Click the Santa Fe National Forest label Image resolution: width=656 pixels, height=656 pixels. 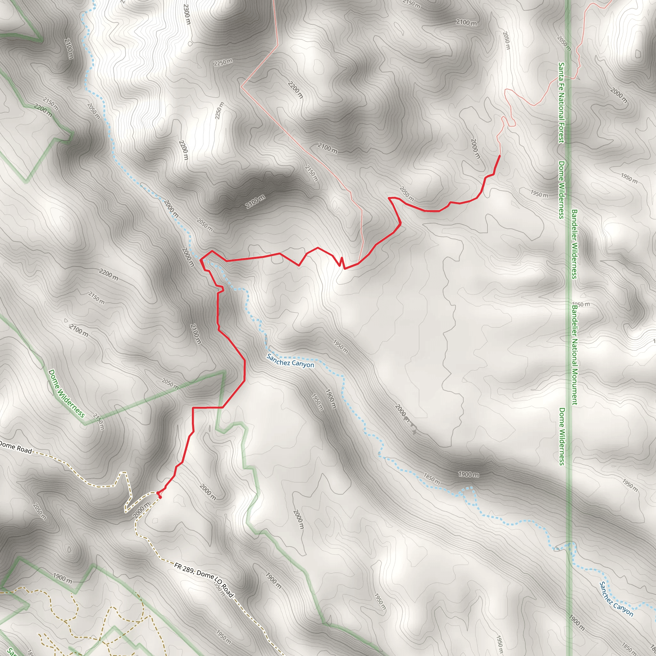click(x=562, y=102)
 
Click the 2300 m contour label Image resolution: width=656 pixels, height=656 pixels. click(x=187, y=14)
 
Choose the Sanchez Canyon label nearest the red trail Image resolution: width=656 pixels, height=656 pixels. click(x=290, y=361)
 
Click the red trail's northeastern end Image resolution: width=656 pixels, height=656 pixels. click(x=499, y=156)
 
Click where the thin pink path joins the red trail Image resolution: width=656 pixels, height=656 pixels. click(x=358, y=263)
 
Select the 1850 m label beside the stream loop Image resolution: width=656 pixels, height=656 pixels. click(x=431, y=479)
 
